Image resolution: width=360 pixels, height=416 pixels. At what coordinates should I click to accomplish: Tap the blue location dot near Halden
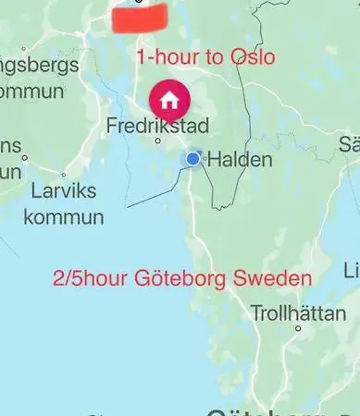pos(192,159)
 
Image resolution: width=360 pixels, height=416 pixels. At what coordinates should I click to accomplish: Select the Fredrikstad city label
pos(157,125)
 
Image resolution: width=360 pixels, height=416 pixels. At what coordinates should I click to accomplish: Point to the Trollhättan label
pos(298,312)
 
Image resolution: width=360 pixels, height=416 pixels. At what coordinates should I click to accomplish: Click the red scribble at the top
pos(137,16)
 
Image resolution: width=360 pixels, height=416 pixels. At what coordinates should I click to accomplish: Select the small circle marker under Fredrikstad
pos(158,141)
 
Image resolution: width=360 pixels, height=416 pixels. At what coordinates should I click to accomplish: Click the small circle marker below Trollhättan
pos(298,327)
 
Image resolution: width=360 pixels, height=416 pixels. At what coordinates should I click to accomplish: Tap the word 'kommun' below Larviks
pos(63,217)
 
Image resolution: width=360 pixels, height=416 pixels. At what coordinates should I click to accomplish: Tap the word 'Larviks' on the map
pos(63,191)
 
